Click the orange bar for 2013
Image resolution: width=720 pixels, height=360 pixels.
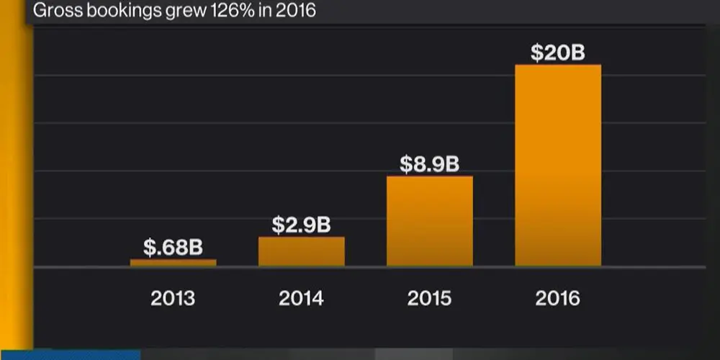point(173,263)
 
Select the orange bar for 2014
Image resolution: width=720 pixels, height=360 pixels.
point(301,251)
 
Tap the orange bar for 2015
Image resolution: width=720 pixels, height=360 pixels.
point(429,221)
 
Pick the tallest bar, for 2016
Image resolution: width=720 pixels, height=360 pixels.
point(557,166)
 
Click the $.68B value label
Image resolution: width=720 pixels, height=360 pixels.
point(173,248)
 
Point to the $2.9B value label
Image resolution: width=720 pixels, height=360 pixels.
point(301,225)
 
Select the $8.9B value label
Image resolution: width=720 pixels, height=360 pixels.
point(429,164)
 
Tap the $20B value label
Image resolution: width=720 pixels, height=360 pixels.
point(557,53)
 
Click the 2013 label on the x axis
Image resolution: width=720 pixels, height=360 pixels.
point(173,298)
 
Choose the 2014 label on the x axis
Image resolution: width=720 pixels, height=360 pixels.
point(301,298)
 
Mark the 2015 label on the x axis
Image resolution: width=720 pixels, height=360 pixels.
point(429,298)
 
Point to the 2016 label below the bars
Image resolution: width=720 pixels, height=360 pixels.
point(557,298)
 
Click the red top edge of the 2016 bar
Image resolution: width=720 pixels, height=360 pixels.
point(557,66)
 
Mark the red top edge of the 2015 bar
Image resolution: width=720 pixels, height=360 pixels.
point(429,176)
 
